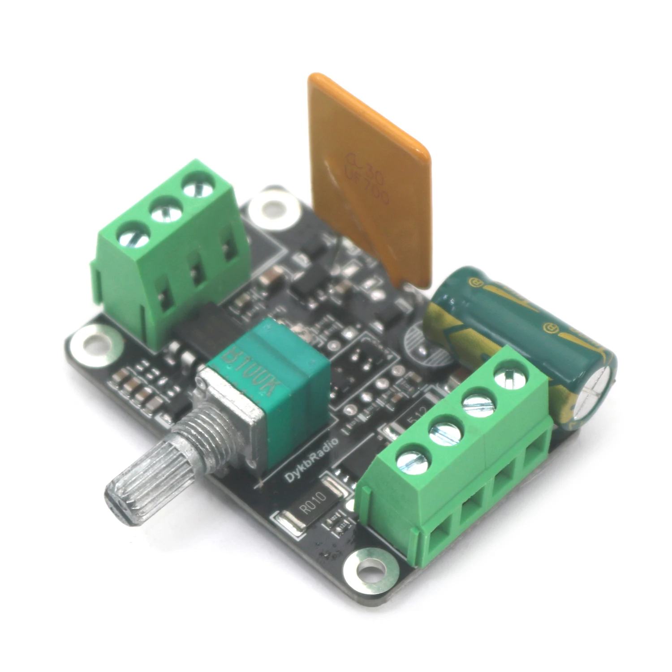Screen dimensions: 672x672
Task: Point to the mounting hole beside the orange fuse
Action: tap(273, 207)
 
